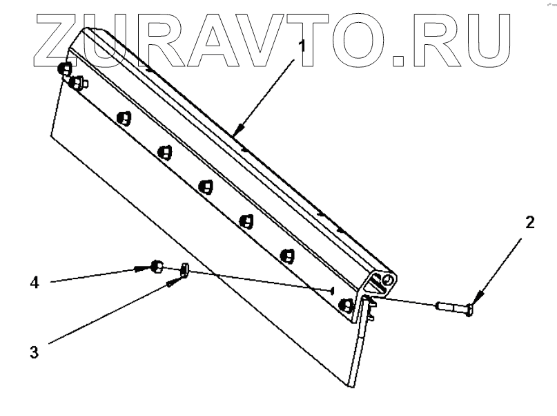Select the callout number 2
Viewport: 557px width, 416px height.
[x=529, y=223]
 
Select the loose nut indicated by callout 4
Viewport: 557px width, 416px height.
[x=157, y=265]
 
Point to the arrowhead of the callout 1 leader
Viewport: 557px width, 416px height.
[x=237, y=131]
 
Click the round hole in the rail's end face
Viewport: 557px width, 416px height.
[x=389, y=279]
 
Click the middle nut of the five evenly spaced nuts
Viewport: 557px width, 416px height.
[x=204, y=187]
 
